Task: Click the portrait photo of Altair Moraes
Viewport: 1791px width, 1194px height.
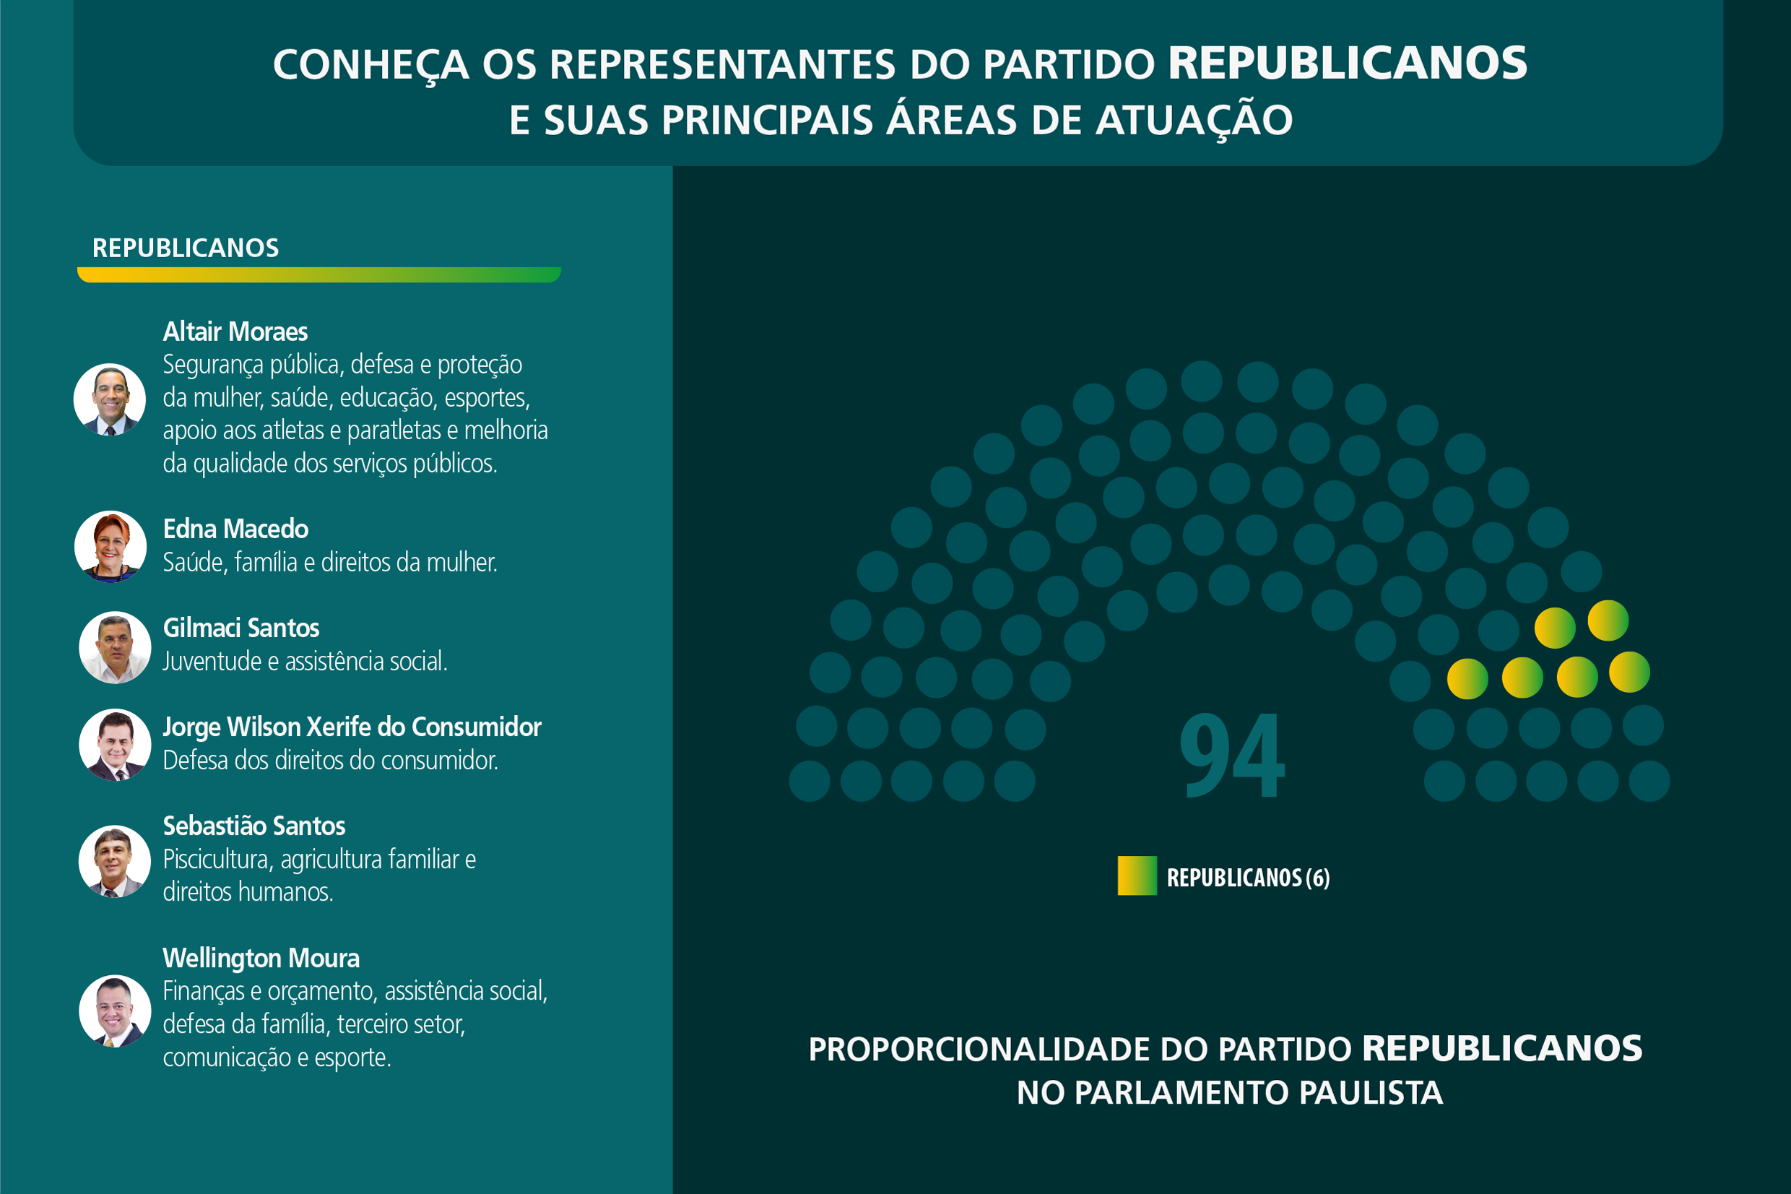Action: pos(110,399)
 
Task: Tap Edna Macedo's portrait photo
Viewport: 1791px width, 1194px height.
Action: pos(110,547)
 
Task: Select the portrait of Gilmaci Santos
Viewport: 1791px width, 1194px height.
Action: pos(115,647)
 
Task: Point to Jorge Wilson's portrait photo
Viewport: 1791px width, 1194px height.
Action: pos(115,745)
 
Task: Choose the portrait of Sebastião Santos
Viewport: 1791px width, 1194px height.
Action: pos(114,861)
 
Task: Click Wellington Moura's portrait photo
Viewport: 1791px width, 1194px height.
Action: pos(115,1011)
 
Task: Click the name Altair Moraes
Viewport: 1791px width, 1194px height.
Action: pos(235,332)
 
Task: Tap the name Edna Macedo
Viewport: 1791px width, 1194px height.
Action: pos(235,529)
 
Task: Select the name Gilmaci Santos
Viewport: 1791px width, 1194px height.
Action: pos(240,628)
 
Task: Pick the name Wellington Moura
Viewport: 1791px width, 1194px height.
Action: pos(261,958)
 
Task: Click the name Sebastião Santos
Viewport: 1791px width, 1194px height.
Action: pos(253,826)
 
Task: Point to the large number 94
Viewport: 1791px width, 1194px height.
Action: pos(1231,756)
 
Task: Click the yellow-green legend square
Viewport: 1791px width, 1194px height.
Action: pos(1137,875)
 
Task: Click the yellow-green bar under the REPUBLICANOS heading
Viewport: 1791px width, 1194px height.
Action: pos(319,275)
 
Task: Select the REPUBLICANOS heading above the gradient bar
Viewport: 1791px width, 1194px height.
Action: pos(185,248)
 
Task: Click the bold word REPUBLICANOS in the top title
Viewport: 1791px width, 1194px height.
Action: pos(1348,63)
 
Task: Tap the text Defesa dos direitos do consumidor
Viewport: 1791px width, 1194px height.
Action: pos(330,760)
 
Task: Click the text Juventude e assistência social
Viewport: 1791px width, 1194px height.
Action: pos(305,661)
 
